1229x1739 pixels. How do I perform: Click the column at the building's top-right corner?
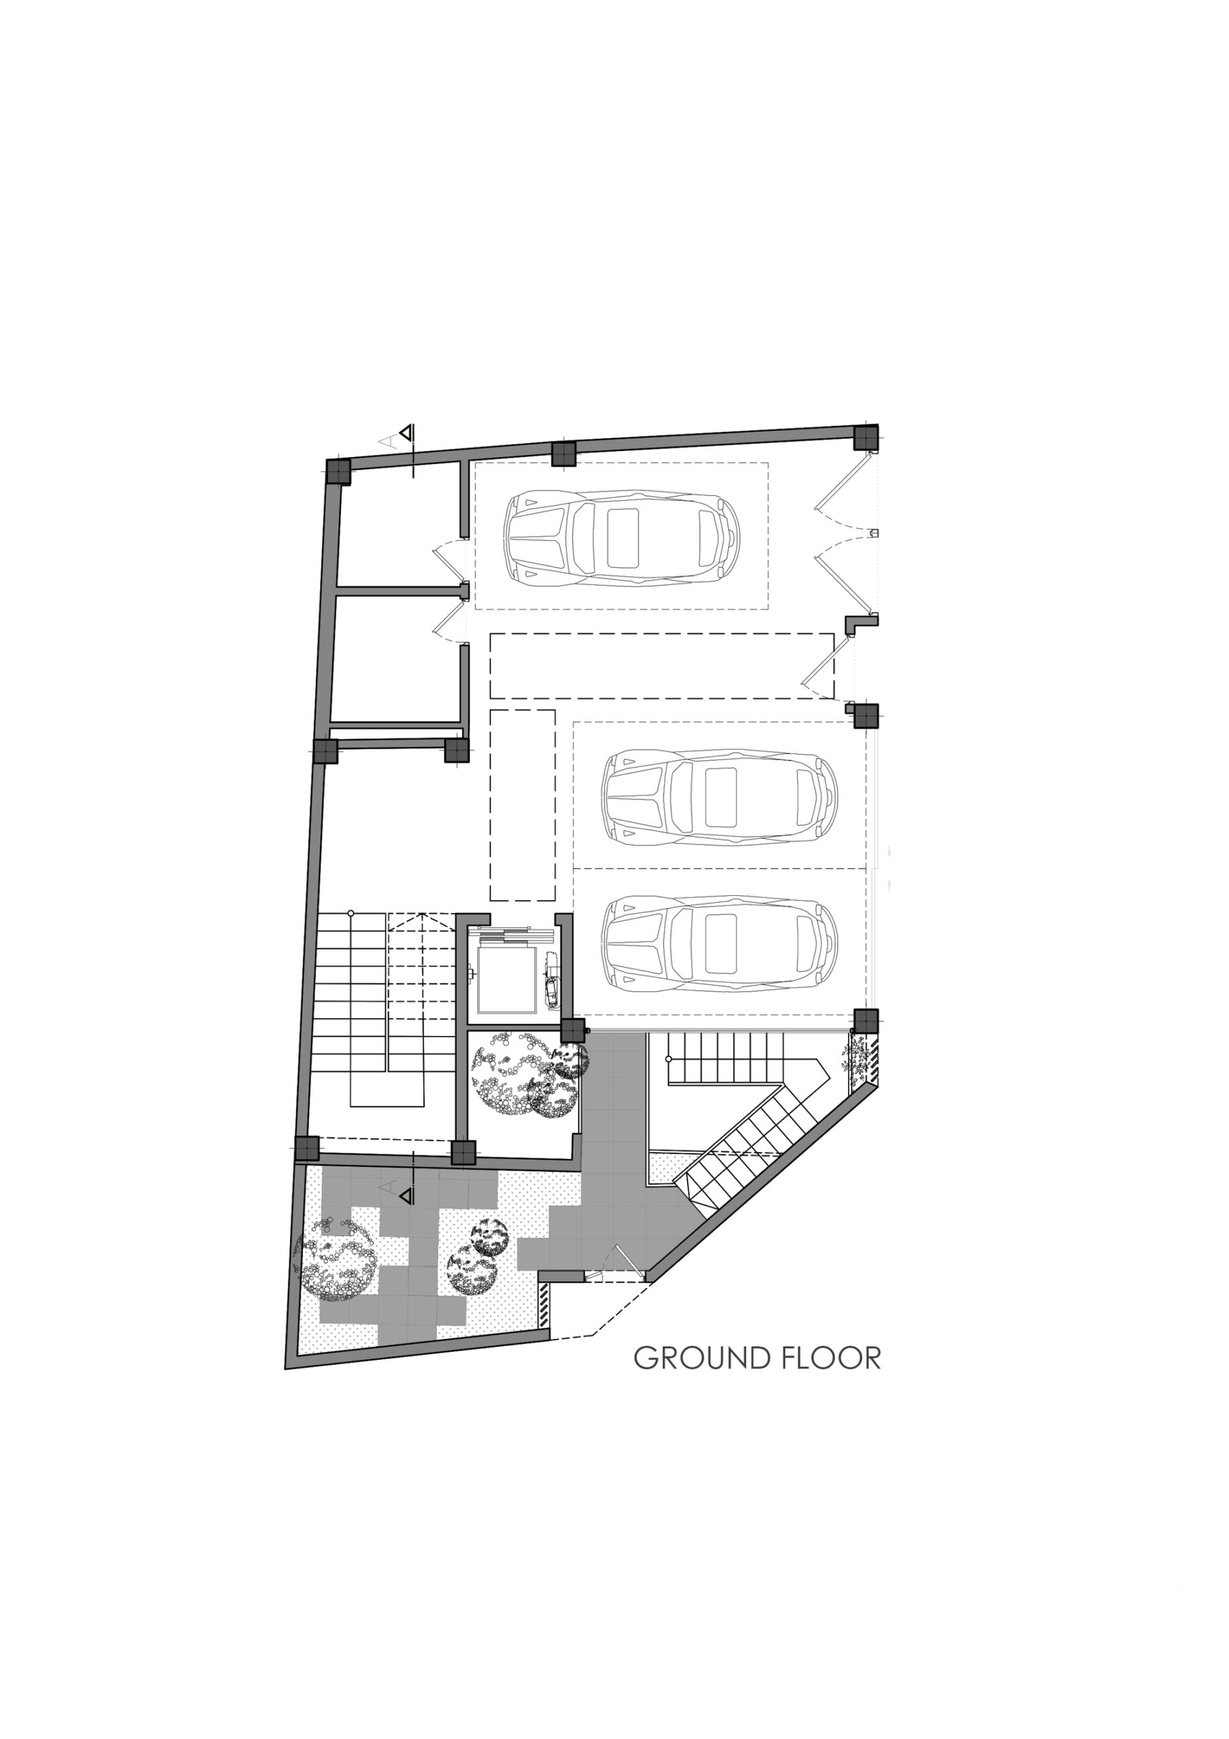coord(866,437)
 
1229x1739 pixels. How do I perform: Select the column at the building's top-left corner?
coord(338,471)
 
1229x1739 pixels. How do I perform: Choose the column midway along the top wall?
coord(564,454)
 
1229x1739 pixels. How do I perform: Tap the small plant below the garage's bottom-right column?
coord(855,1052)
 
